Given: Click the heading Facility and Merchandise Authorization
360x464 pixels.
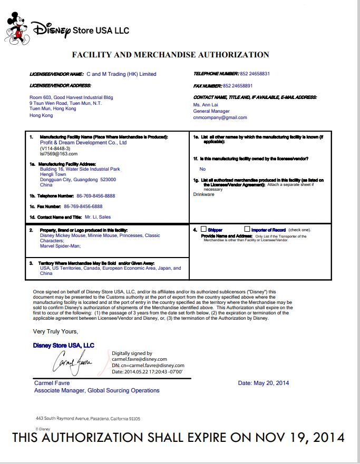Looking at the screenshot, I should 170,54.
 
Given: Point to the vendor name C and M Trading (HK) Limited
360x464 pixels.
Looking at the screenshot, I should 121,74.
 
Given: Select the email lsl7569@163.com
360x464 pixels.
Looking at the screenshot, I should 59,154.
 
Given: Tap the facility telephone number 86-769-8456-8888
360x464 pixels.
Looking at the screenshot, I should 90,196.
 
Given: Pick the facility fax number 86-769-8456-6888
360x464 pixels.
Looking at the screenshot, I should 83,206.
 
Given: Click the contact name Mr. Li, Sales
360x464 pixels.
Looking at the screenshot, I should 98,217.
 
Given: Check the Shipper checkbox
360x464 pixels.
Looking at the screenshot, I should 203,229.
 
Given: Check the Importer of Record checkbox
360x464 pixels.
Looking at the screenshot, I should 247,229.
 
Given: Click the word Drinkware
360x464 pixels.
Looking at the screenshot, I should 204,194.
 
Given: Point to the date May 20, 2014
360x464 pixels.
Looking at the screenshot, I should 264,383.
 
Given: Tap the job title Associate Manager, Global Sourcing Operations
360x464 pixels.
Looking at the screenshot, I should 97,391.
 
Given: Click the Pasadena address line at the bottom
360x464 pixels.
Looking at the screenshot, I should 88,419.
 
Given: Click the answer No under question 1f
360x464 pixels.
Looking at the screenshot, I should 202,169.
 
